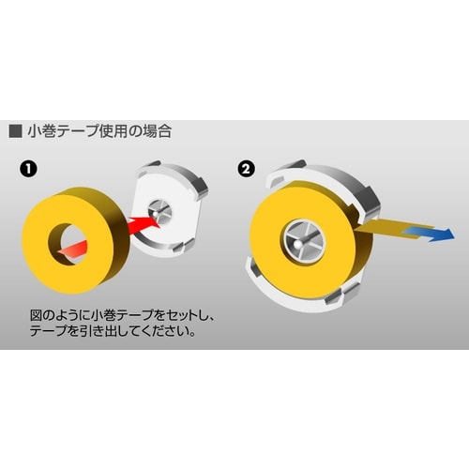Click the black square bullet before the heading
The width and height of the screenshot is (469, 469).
[14, 130]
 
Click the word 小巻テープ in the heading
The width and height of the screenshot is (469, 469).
[60, 130]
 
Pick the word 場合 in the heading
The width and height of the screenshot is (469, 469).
[156, 130]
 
